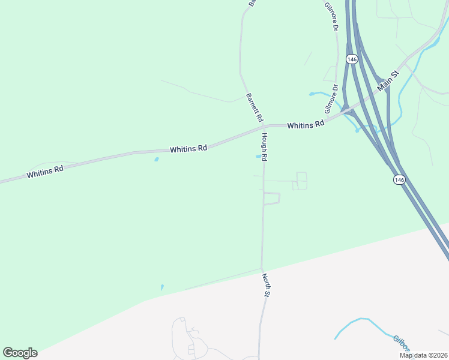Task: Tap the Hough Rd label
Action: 264,147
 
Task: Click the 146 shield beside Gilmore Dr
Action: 352,59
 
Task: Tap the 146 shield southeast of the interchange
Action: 399,179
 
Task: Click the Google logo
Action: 20,353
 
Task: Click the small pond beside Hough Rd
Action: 259,157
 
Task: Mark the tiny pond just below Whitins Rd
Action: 157,160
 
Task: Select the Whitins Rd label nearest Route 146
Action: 306,125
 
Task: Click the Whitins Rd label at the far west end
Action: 45,172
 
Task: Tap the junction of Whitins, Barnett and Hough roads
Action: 263,127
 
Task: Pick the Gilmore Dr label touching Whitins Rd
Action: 331,99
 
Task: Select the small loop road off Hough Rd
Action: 272,199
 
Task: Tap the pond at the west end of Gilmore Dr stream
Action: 312,94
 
